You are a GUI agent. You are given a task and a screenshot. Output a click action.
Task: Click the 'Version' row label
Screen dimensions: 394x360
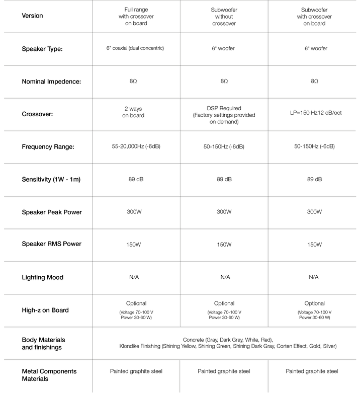coord(33,16)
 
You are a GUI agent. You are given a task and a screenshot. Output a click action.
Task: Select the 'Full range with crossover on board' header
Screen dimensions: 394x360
coord(136,17)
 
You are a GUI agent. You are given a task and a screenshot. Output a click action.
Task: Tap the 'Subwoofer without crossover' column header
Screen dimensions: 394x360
coord(224,17)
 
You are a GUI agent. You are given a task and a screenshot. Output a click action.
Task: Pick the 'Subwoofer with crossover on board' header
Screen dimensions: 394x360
coord(314,17)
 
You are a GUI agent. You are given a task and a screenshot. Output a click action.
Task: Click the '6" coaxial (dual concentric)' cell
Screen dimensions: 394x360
coord(136,48)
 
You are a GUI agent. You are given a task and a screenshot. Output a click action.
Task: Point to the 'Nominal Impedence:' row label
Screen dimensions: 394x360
coord(51,82)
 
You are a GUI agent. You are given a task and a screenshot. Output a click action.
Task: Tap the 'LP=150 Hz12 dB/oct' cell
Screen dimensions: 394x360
coord(316,113)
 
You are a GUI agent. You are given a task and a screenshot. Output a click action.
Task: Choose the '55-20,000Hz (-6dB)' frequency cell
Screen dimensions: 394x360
coord(136,147)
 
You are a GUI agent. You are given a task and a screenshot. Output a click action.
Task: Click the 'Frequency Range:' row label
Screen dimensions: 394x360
coord(48,147)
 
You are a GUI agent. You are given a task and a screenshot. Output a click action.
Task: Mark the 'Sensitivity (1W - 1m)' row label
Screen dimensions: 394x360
coord(51,180)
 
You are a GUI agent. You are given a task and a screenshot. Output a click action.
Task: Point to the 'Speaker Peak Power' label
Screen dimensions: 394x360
coord(52,212)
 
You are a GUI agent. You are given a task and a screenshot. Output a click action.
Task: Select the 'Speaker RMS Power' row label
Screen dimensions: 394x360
coord(51,244)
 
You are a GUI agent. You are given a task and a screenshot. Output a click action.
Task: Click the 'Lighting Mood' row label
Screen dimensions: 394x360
coord(43,277)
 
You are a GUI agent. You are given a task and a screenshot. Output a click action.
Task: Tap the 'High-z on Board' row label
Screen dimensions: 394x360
coord(45,310)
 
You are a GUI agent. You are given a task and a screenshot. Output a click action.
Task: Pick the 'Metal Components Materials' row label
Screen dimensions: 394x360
coord(49,375)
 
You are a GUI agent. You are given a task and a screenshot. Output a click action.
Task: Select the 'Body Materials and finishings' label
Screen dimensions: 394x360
coord(44,343)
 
